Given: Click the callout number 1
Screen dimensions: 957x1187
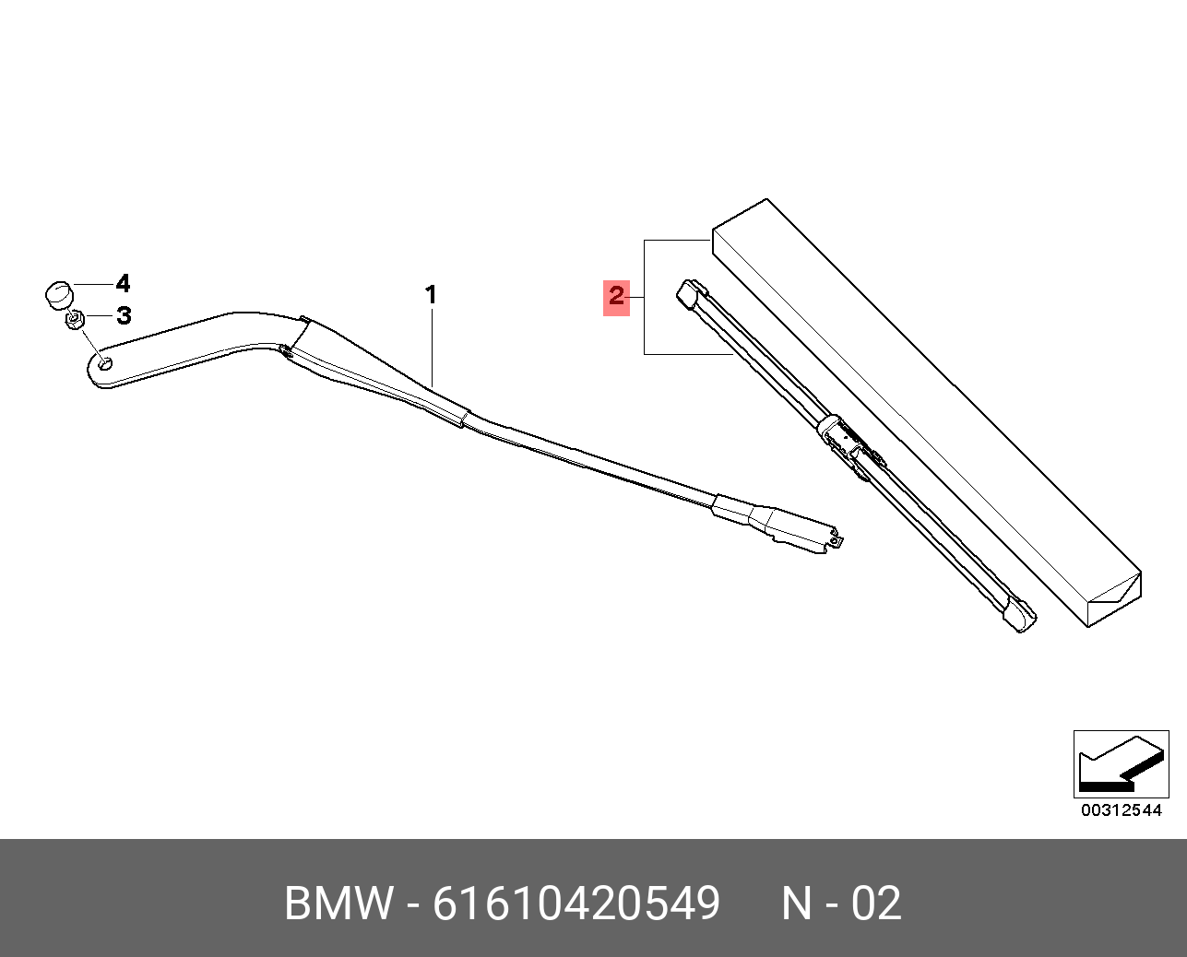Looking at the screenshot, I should click(x=431, y=295).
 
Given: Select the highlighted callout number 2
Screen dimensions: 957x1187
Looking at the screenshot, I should click(x=616, y=296).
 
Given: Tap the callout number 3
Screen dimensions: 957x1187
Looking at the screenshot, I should click(x=124, y=316).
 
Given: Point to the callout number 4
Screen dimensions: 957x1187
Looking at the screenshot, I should click(x=123, y=284).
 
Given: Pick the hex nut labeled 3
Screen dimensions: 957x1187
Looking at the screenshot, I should click(x=75, y=320).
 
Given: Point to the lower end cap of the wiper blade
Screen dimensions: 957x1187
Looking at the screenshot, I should click(x=1020, y=617).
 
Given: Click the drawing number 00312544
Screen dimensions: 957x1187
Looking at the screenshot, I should click(x=1121, y=810).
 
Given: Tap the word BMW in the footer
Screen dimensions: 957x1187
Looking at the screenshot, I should click(x=338, y=904).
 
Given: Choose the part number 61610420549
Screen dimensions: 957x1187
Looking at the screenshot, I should click(x=576, y=904).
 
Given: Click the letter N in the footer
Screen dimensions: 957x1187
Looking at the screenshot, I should click(x=798, y=904).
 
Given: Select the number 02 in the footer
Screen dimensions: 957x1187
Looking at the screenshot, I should click(x=876, y=904).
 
